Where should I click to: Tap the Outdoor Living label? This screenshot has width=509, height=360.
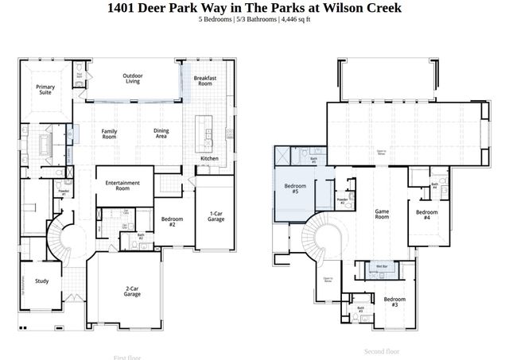[x=133, y=79]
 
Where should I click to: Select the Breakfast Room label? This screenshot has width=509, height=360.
[x=205, y=80]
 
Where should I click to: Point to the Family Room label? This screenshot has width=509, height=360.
[x=109, y=134]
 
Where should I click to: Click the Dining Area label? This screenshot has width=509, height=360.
[x=161, y=134]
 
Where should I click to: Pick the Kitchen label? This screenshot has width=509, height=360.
[x=209, y=159]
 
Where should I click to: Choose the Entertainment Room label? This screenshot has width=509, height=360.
[x=122, y=186]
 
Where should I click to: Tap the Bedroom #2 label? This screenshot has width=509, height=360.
[x=172, y=222]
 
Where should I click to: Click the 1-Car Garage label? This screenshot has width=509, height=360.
[x=216, y=217]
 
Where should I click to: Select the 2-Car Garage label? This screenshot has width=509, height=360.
[x=132, y=291]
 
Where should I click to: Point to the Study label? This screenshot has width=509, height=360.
[x=42, y=281]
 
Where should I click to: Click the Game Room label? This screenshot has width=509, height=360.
[x=382, y=214]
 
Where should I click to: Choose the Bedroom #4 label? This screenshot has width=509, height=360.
[x=427, y=215]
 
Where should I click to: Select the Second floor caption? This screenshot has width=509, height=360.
[x=382, y=350]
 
